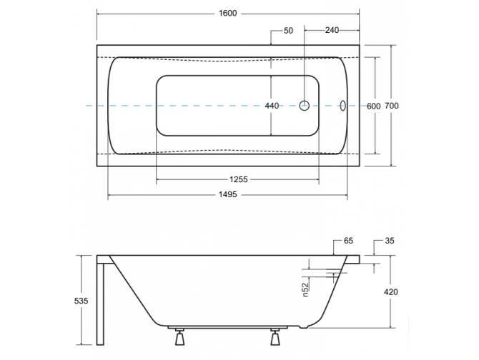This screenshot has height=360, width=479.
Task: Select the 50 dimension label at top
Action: tap(289, 30)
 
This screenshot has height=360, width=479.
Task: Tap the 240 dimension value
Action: tap(331, 30)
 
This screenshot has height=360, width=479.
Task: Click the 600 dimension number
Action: tap(373, 106)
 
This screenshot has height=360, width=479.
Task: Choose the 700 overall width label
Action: tap(391, 106)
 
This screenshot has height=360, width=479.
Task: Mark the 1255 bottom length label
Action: tap(238, 179)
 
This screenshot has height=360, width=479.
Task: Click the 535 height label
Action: tap(81, 301)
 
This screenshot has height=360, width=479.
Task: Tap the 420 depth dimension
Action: tap(390, 292)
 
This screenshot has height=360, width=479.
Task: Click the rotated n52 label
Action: tap(304, 289)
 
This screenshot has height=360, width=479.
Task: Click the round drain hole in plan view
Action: tap(304, 106)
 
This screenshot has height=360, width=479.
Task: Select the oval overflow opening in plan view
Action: tap(342, 106)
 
